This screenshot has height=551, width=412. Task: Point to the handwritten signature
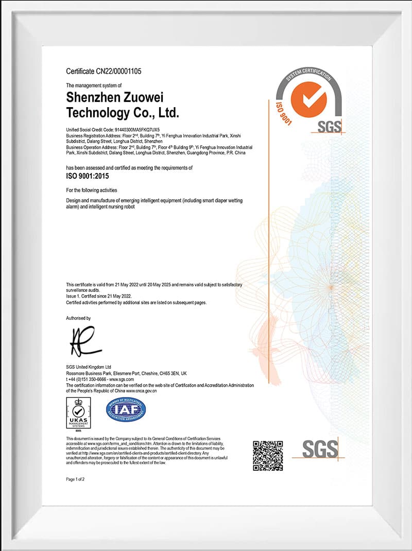(82, 341)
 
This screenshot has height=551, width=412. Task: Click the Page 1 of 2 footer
(75, 479)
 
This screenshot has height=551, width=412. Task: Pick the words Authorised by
(78, 318)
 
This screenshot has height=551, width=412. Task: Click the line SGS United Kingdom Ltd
(89, 367)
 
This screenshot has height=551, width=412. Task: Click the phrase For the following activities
(92, 190)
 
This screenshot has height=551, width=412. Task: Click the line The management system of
(94, 85)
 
